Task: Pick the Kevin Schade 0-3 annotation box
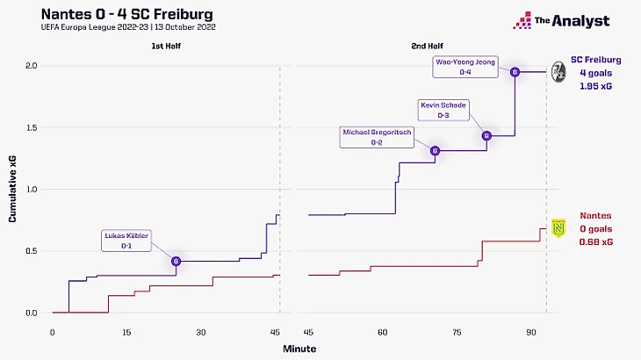pyautogui.click(x=443, y=110)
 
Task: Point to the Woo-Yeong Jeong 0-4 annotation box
pyautogui.click(x=466, y=67)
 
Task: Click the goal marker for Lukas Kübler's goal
pyautogui.click(x=176, y=261)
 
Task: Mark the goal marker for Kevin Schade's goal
pyautogui.click(x=486, y=135)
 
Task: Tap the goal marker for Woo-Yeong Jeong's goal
pyautogui.click(x=515, y=72)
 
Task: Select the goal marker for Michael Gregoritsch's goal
pyautogui.click(x=435, y=150)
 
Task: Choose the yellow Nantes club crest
pyautogui.click(x=557, y=227)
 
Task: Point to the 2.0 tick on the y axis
pyautogui.click(x=31, y=66)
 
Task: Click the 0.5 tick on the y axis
pyautogui.click(x=31, y=251)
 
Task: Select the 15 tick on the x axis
pyautogui.click(x=127, y=332)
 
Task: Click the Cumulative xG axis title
pyautogui.click(x=13, y=189)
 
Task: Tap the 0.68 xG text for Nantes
pyautogui.click(x=597, y=241)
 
